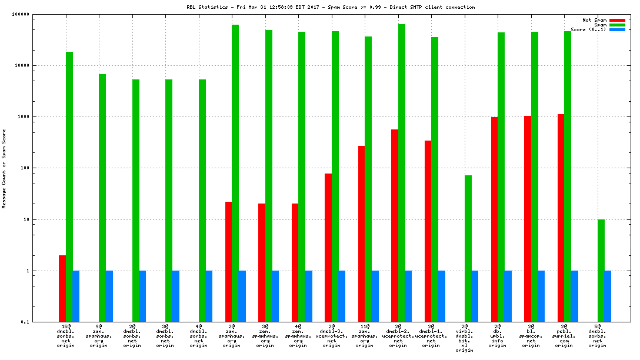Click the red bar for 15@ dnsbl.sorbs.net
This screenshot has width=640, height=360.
62,288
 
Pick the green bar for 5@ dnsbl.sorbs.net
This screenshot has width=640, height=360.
601,271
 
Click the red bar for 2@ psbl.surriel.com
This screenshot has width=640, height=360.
561,218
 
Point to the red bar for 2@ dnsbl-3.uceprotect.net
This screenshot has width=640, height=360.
328,248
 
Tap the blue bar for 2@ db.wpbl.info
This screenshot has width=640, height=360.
508,296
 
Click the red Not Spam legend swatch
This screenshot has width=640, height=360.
617,20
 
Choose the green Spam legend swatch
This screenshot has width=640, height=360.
617,25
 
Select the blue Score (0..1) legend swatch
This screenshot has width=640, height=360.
617,29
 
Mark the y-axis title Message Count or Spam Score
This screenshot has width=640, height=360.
4,168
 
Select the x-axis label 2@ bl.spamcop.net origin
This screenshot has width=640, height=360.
531,336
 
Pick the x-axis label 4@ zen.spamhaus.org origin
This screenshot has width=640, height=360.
298,336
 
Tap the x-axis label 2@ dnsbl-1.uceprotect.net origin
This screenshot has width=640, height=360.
431,336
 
